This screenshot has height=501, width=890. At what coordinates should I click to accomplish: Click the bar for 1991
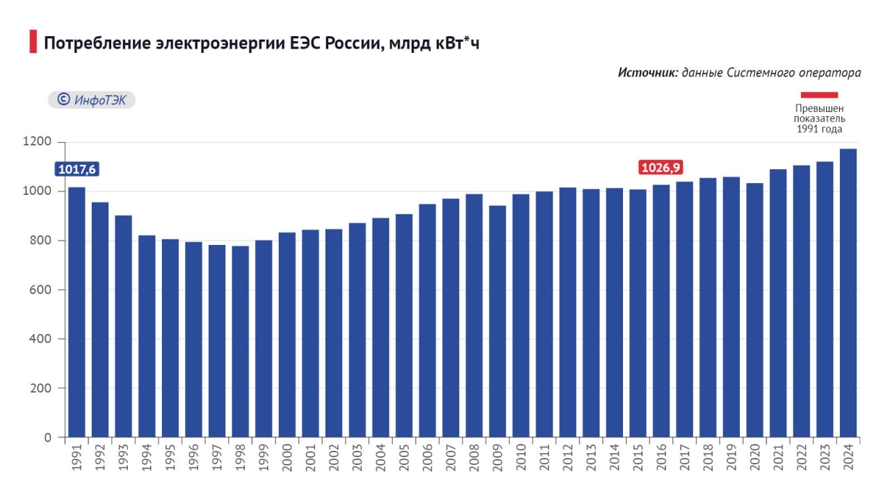coord(76,312)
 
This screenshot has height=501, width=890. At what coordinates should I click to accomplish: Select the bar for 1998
coord(241,342)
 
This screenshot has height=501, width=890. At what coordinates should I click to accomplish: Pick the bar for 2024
coord(848,293)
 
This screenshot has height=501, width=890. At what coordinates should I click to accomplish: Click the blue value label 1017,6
coord(76,169)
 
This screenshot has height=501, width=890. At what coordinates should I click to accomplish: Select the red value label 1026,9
coord(661,167)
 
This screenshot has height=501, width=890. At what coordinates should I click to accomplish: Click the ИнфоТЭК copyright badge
coord(92,100)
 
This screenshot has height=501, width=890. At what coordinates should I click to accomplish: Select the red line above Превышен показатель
coord(819,95)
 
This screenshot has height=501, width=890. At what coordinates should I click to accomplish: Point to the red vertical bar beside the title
coord(33,42)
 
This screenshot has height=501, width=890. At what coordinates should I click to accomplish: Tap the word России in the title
coord(353,43)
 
